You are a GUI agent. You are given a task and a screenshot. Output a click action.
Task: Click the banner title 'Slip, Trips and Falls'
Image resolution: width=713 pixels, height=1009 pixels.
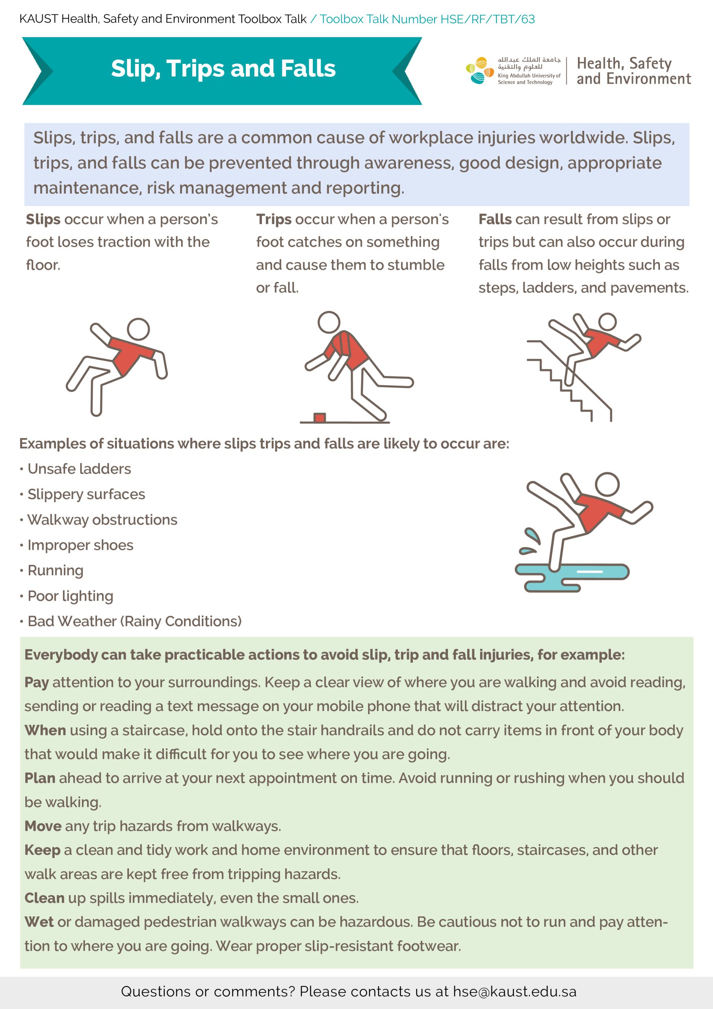coord(223,69)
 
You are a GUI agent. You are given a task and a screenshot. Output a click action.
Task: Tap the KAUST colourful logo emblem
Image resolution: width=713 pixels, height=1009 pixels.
coord(479,70)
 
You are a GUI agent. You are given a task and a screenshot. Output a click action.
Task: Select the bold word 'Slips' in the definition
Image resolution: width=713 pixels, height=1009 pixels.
coord(43,219)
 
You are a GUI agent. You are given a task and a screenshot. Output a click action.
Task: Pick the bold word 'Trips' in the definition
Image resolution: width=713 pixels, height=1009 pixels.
coord(274,219)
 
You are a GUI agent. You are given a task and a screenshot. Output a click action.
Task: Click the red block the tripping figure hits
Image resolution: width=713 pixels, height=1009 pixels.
coord(319,417)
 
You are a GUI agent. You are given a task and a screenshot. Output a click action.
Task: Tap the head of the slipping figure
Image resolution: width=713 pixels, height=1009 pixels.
coord(138,329)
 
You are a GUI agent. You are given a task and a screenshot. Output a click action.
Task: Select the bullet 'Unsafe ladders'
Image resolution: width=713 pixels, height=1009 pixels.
coord(79,469)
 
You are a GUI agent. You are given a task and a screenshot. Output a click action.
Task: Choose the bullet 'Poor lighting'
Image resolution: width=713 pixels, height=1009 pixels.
coord(70,596)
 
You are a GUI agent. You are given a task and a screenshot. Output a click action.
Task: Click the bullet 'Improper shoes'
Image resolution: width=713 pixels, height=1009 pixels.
coord(80,545)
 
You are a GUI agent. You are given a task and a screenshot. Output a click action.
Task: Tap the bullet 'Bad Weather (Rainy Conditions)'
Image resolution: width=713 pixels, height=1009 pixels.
coord(134,622)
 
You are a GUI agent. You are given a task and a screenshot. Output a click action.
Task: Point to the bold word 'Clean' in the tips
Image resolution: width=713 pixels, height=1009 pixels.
coord(45,897)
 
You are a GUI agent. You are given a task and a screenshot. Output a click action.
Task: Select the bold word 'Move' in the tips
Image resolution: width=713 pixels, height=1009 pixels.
coord(43,826)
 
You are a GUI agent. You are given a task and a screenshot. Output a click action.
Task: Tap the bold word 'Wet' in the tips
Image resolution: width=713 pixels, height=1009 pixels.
coord(39,922)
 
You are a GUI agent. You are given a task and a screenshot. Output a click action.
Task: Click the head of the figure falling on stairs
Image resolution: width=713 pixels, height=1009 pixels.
coord(607,322)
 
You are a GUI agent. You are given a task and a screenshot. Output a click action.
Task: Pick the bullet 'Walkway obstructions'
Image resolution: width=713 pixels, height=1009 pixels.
coord(102,520)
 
